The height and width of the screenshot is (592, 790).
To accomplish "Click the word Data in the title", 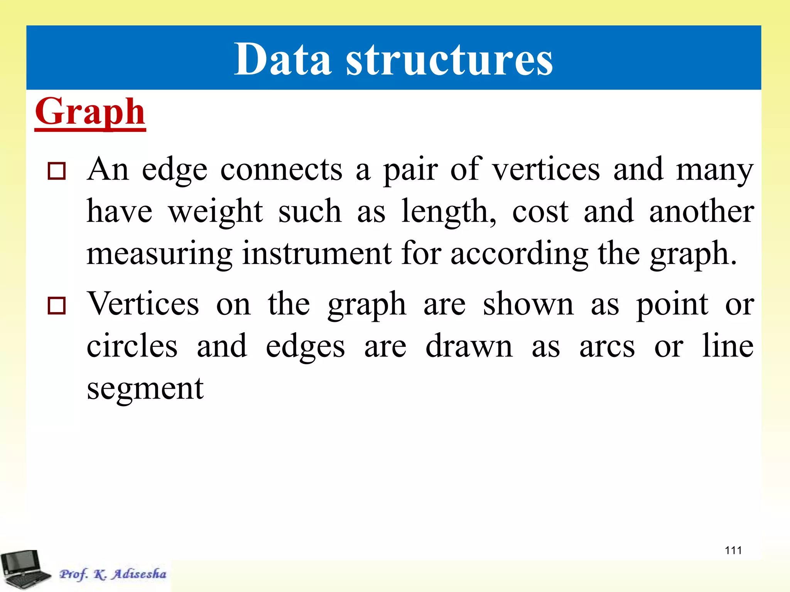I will (x=282, y=59).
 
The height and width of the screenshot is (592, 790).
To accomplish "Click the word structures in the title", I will (x=449, y=60).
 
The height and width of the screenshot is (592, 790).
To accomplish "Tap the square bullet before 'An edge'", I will (x=57, y=171).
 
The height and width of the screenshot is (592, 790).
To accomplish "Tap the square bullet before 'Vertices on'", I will (x=57, y=306).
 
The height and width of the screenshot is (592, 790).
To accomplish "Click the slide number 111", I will (x=733, y=550).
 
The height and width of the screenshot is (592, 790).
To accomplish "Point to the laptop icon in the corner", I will (x=25, y=569).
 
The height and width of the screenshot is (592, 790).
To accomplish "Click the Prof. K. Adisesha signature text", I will (x=113, y=574).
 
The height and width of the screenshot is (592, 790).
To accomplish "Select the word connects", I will (x=281, y=170).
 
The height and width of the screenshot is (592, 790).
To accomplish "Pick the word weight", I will (x=216, y=212).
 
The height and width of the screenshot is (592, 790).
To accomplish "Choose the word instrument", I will (x=317, y=254).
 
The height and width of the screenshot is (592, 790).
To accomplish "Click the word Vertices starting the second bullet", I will (x=143, y=304).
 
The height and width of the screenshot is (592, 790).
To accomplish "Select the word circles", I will (x=132, y=346).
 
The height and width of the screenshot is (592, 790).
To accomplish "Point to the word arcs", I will (x=607, y=346).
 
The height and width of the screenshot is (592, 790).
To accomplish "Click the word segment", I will (x=145, y=388).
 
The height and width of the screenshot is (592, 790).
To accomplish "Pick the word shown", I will (x=528, y=304).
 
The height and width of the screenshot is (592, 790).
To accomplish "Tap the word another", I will (x=702, y=212).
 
